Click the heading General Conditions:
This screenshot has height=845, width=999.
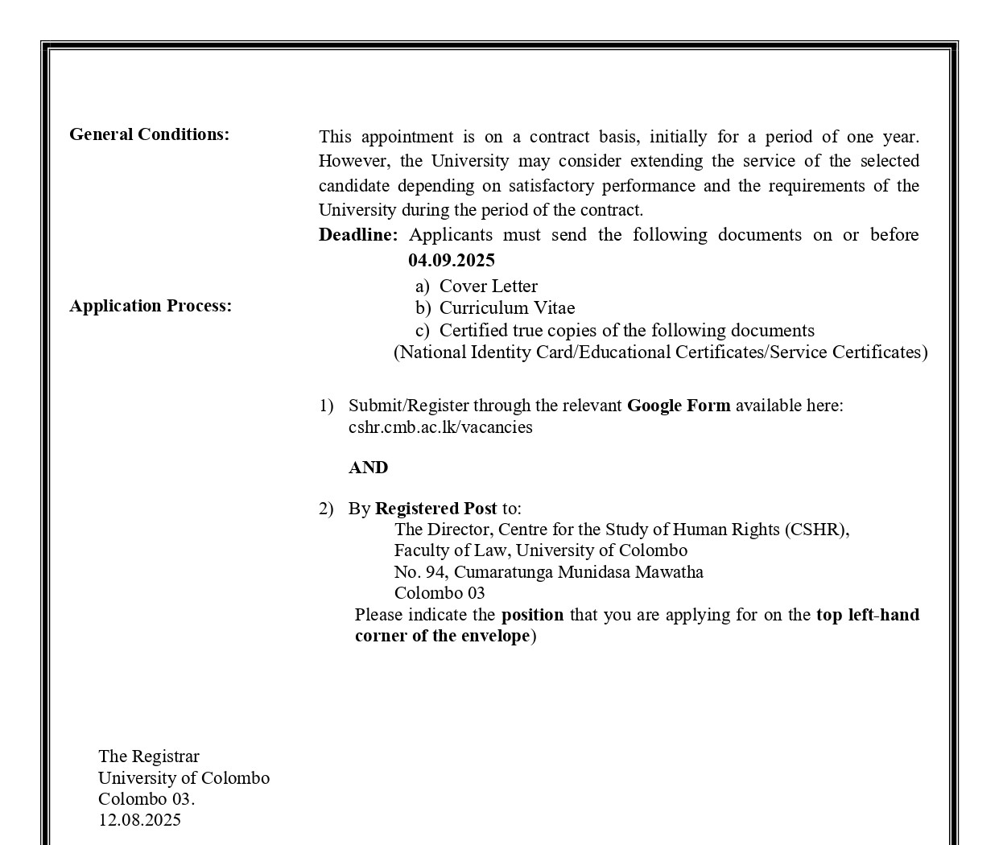click(x=149, y=134)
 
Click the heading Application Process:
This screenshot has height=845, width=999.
click(x=151, y=306)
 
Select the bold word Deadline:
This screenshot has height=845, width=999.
click(x=357, y=235)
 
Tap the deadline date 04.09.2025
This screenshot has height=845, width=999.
click(x=451, y=260)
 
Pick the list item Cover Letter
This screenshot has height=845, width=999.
click(x=488, y=286)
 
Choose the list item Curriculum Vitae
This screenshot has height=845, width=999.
click(x=506, y=308)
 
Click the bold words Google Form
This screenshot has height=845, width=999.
click(x=679, y=406)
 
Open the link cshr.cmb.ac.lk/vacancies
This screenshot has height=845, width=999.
click(x=440, y=427)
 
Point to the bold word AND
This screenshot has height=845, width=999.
click(x=368, y=468)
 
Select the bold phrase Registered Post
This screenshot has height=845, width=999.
click(x=436, y=509)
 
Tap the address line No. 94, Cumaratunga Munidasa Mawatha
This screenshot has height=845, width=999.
click(x=548, y=572)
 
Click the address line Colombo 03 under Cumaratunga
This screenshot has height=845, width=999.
click(x=440, y=593)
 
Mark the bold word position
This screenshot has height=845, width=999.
click(x=532, y=615)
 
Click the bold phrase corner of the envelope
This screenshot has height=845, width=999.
click(x=442, y=636)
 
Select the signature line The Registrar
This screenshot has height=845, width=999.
click(x=149, y=756)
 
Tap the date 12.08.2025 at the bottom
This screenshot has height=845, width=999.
click(x=139, y=820)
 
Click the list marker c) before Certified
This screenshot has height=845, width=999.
click(x=422, y=331)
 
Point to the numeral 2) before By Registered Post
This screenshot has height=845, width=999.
click(x=325, y=509)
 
